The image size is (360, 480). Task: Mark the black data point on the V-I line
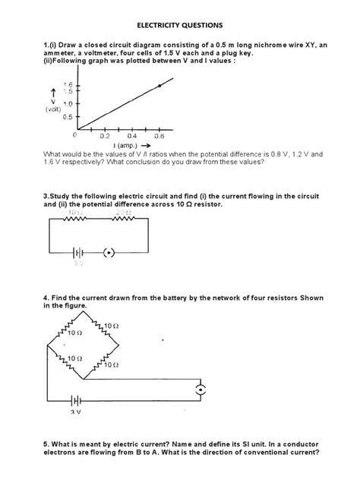click(x=159, y=87)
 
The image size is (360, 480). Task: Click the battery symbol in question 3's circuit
click(x=78, y=253)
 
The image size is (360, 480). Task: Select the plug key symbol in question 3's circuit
click(x=109, y=253)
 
